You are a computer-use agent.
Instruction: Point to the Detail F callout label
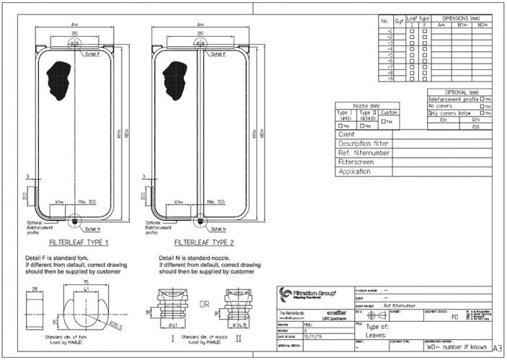pyautogui.click(x=92, y=53)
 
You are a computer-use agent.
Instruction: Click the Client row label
pyautogui.click(x=348, y=134)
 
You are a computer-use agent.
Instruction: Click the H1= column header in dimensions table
pyautogui.click(x=461, y=25)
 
